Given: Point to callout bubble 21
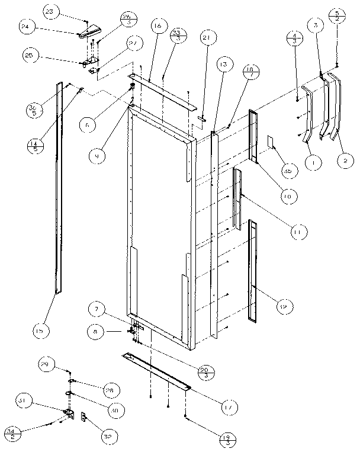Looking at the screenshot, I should pyautogui.click(x=206, y=39).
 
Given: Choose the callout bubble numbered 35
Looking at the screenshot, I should pyautogui.click(x=288, y=171).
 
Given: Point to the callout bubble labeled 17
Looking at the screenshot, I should pyautogui.click(x=227, y=407).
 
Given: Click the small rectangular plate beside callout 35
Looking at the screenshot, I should pyautogui.click(x=271, y=142).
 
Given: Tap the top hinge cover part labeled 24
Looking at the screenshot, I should pyautogui.click(x=86, y=30).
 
